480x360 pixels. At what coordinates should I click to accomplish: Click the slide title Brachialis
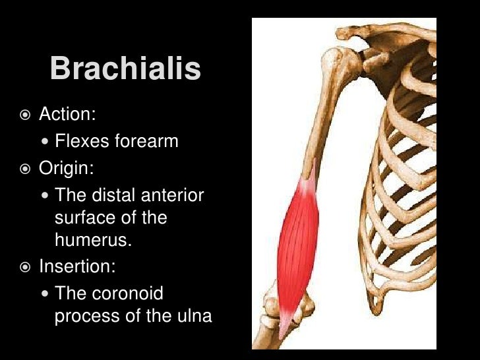125,69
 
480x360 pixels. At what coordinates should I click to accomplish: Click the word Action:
68,114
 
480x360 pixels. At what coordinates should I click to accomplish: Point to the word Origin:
67,168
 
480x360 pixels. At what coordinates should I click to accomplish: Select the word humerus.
93,241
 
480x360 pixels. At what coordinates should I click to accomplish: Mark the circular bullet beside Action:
24,115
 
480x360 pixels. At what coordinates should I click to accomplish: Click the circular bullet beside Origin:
24,169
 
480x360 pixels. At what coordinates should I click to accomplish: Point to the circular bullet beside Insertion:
24,268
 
